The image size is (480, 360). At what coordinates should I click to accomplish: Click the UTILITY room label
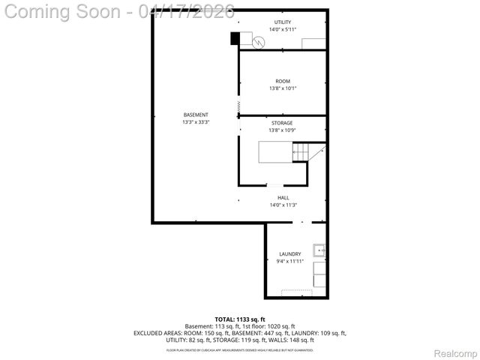283,22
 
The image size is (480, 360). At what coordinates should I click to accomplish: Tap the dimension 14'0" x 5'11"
283,30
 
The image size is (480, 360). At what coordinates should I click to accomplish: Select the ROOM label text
283,81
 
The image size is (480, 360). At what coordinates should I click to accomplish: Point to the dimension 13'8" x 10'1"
283,88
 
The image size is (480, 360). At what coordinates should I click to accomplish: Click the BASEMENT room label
196,115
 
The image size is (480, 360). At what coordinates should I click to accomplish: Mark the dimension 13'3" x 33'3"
196,122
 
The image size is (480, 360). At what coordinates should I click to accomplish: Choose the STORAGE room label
282,123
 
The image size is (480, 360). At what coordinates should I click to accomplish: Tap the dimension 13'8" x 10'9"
282,130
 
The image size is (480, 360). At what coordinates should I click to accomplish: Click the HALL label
283,198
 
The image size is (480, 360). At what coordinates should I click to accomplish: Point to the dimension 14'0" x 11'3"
283,205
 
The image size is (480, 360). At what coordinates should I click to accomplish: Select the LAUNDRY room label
289,254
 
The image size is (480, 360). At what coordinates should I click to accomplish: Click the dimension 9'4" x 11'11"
289,262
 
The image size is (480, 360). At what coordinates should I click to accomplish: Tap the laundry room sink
319,251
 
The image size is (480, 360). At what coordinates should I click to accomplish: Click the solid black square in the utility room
235,37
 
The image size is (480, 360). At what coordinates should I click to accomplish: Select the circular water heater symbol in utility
258,43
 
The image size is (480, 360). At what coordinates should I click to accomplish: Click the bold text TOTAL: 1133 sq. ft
240,319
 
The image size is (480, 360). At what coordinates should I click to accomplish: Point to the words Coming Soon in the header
64,11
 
